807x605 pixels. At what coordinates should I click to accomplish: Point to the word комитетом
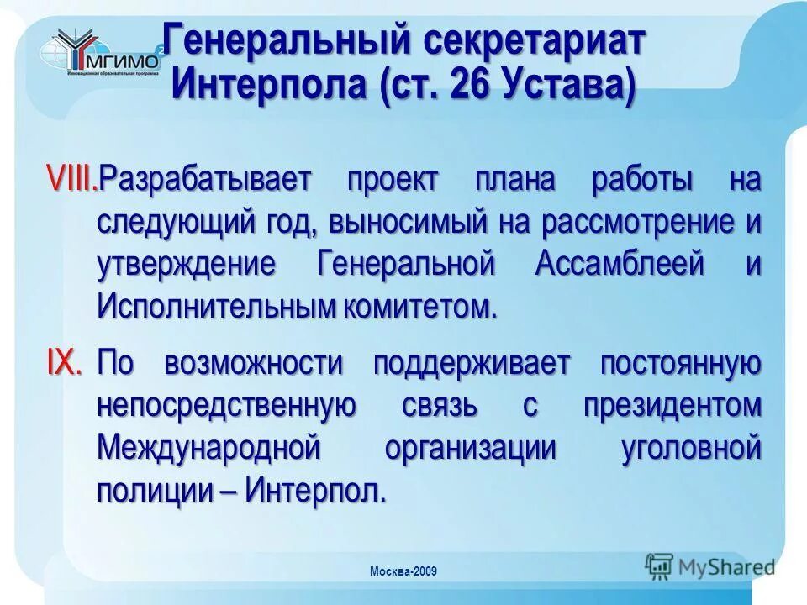[x=419, y=306]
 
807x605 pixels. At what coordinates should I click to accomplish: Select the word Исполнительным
[x=216, y=306]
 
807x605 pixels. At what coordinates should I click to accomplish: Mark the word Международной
[x=209, y=447]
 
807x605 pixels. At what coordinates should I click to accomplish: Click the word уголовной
[x=691, y=447]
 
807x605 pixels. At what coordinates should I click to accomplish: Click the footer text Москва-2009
[x=403, y=572]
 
